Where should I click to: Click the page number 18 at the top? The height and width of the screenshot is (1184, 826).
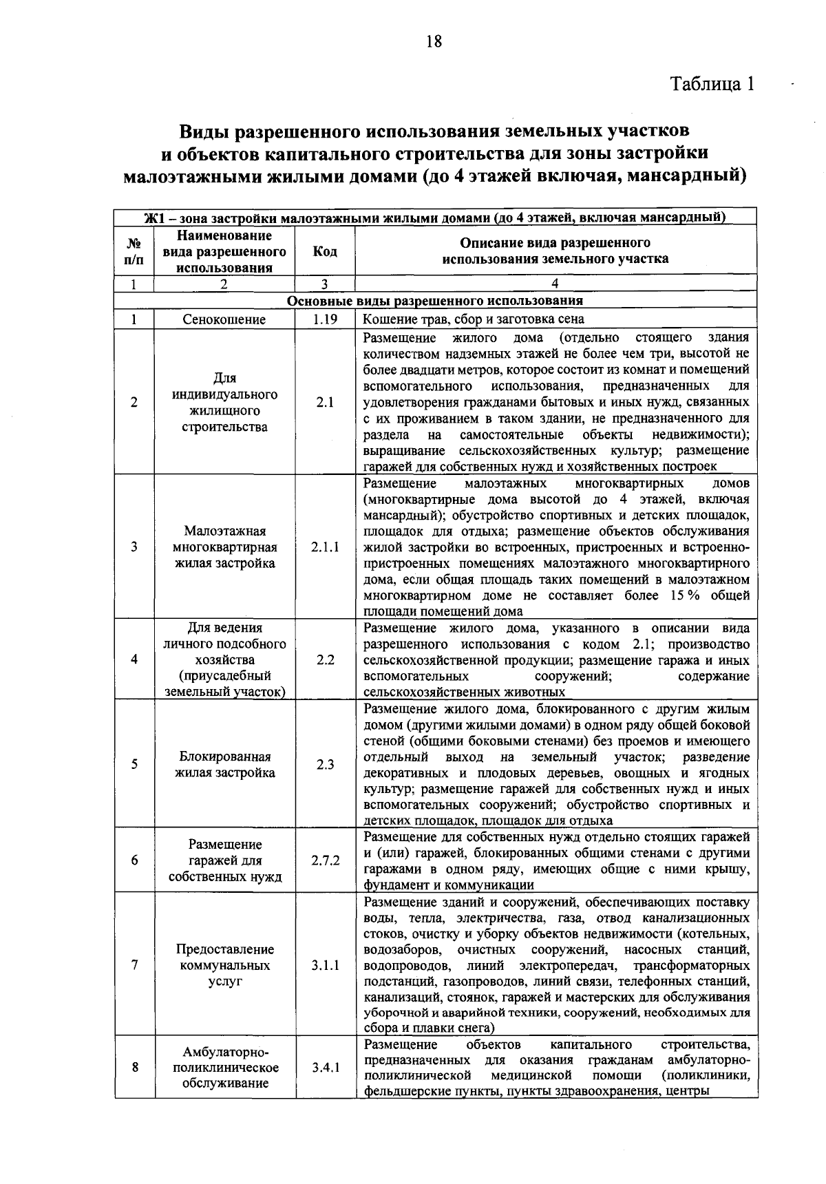pos(433,41)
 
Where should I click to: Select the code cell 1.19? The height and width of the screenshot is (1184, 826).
pos(324,319)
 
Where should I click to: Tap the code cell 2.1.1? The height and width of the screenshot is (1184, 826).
pos(325,547)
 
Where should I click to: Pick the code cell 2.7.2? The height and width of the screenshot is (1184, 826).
pos(325,860)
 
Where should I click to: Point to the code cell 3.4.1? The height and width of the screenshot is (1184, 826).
pos(325,1068)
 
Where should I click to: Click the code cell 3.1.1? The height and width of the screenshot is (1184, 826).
pos(325,965)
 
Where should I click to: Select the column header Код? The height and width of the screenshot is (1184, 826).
pos(325,251)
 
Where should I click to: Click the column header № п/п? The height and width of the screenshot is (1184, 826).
pos(134,251)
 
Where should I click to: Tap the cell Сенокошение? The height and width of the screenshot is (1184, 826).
pos(224,319)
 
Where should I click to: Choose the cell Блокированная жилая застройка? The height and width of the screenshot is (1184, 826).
pos(224,764)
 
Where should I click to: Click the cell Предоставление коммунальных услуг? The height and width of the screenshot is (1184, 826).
pos(224,965)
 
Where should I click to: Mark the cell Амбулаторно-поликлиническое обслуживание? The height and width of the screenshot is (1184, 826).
pos(224,1068)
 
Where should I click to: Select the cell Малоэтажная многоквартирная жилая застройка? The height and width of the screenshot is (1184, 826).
pos(224,547)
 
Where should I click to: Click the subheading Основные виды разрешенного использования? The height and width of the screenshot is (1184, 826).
pos(434,301)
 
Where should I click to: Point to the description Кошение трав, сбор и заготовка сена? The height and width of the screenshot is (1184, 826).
pos(474,319)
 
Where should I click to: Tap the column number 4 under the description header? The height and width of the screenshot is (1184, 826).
pos(555,284)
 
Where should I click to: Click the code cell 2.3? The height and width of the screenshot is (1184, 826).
pos(325,764)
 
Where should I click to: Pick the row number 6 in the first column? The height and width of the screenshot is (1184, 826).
pos(134,860)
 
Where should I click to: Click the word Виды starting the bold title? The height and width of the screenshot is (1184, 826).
pos(204,129)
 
